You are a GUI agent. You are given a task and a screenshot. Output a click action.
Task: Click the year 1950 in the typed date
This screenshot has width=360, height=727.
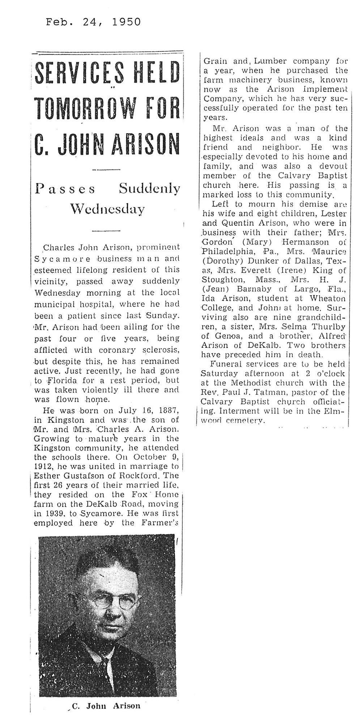[126, 22]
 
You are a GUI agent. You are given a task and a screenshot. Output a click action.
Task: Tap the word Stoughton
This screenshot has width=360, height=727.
[223, 279]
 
